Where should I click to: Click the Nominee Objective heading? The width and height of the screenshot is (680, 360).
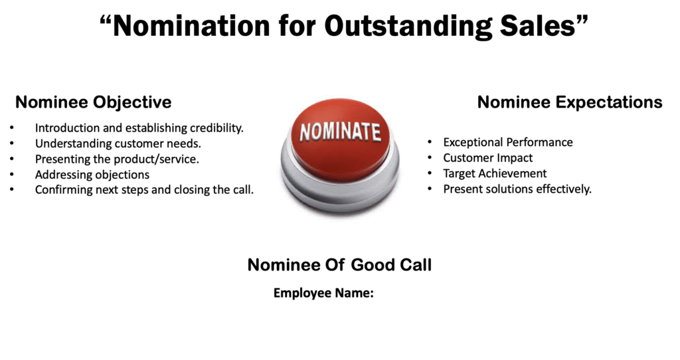[93, 102]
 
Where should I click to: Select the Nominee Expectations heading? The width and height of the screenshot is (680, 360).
[570, 102]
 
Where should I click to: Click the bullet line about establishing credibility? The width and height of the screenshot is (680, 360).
[139, 128]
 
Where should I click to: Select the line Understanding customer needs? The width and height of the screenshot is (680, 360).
[118, 143]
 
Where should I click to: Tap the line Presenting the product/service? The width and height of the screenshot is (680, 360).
[117, 159]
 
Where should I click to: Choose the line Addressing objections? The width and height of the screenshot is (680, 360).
[92, 175]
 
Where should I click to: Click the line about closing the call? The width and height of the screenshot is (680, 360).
[144, 190]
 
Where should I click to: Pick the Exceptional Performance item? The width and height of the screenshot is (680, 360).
[508, 142]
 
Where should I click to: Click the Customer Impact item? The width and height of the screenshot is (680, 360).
[488, 158]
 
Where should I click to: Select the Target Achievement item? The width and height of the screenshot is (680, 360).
[495, 173]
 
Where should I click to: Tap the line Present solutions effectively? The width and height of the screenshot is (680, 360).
[517, 189]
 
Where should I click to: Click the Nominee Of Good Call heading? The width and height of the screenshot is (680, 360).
[339, 265]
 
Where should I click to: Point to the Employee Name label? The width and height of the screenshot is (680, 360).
[323, 293]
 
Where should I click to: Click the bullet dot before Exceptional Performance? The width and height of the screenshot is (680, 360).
[430, 142]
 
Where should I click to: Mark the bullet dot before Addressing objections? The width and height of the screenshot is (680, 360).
[12, 175]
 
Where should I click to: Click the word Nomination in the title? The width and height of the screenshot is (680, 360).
[191, 26]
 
